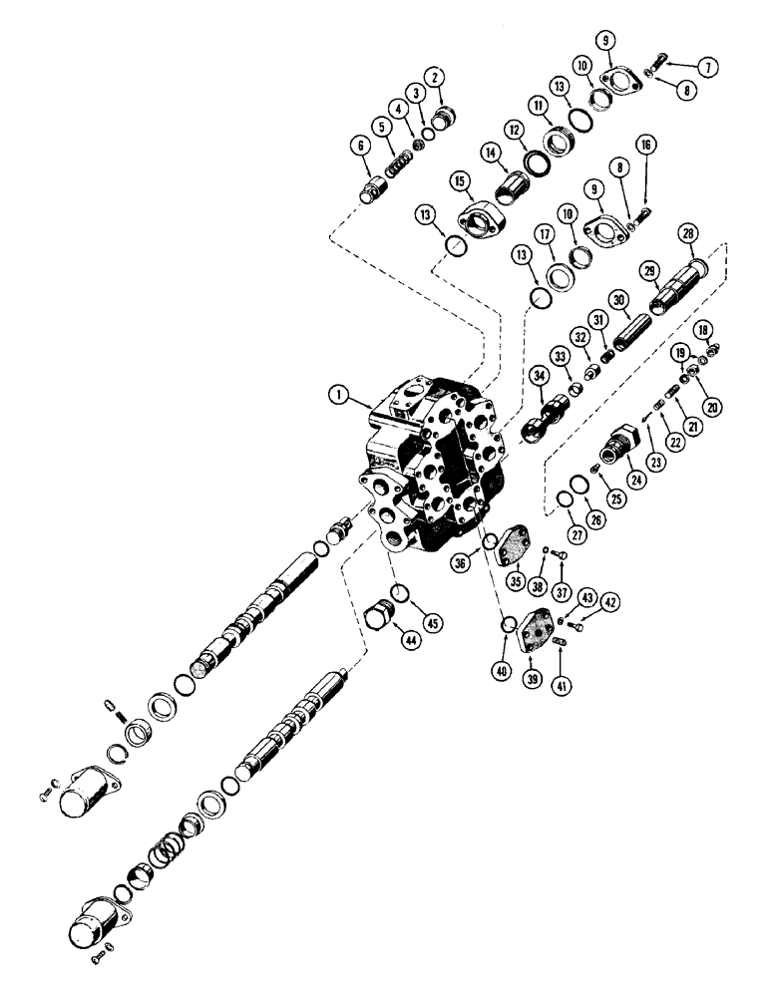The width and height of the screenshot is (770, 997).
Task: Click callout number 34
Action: [x=539, y=375]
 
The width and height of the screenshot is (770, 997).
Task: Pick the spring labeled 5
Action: [x=398, y=163]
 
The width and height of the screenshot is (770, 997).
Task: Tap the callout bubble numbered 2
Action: [x=433, y=76]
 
